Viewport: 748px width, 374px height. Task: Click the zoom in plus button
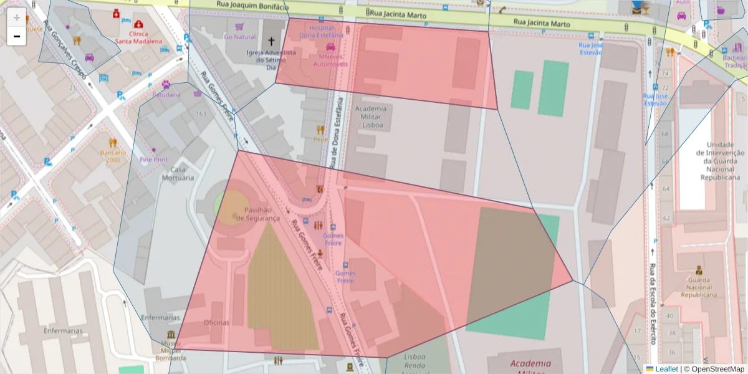click(17, 17)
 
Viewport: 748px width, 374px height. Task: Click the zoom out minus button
click(17, 36)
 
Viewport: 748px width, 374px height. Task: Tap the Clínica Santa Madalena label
click(138, 37)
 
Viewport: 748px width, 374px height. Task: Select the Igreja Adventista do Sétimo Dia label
click(271, 60)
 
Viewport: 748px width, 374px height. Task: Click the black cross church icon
click(271, 42)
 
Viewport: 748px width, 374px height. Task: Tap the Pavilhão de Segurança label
click(262, 214)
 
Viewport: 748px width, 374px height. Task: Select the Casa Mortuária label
click(178, 173)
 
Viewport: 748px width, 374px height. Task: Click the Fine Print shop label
click(153, 160)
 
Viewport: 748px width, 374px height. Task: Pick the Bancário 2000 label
click(113, 156)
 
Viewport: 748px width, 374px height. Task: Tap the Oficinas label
click(216, 323)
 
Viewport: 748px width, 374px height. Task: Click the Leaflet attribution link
click(666, 369)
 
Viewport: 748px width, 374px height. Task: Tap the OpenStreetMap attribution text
click(714, 369)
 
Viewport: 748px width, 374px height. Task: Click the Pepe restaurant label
click(321, 140)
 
